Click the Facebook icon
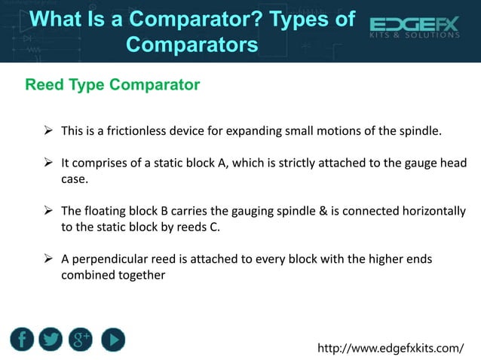click(x=23, y=339)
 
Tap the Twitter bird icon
click(x=51, y=339)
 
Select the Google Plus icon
click(x=81, y=339)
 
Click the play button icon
click(x=111, y=339)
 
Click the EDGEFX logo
click(x=415, y=29)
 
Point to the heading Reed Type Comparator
click(x=112, y=84)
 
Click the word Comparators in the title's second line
click(x=191, y=44)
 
